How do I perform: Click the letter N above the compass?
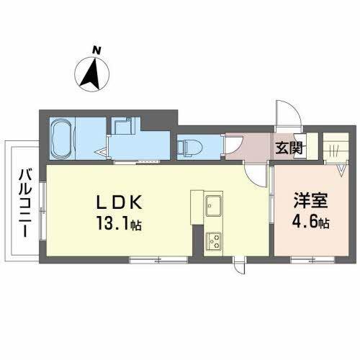click(x=96, y=50)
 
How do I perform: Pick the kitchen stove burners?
click(x=214, y=240)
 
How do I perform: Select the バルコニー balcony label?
click(x=24, y=201)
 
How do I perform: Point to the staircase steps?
click(x=334, y=148)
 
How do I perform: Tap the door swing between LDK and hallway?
click(x=253, y=171)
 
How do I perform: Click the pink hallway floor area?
click(x=245, y=147)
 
